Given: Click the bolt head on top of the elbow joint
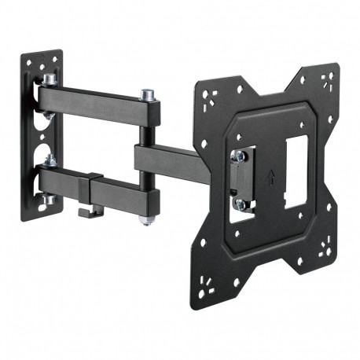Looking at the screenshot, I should coord(147,96).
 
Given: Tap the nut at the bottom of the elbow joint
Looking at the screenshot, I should coord(147,218).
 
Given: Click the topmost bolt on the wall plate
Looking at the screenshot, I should coord(48,80).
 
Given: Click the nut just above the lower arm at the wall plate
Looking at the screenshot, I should coord(49,161).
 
